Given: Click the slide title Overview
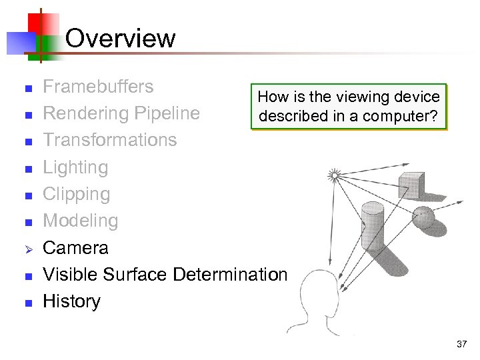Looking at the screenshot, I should point(120,38).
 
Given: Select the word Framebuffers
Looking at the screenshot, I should point(98,87).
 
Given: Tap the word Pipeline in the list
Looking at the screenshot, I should point(167,113).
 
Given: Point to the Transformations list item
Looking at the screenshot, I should point(109,140).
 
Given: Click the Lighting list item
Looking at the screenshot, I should point(75,167).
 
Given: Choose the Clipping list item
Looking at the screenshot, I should point(76,194).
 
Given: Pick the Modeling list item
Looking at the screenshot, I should point(80,221).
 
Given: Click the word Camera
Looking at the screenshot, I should point(75,248).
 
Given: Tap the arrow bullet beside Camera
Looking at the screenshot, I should point(27,249).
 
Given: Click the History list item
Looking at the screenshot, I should point(71,301).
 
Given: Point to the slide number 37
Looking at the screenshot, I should point(462,345).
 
